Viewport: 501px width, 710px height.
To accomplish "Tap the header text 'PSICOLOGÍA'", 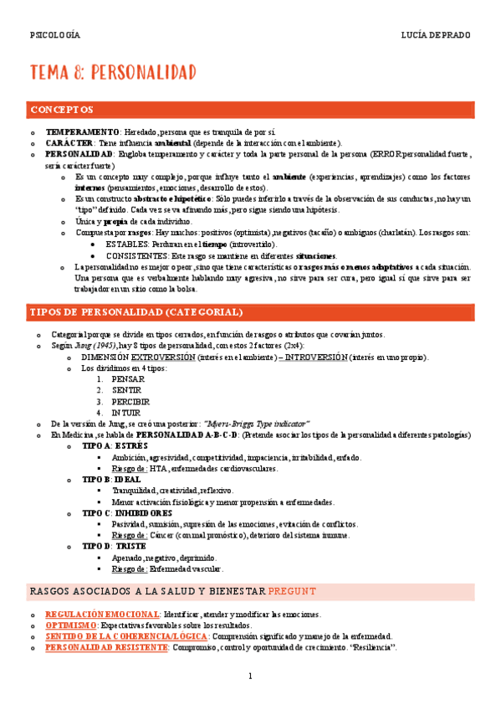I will (x=55, y=35).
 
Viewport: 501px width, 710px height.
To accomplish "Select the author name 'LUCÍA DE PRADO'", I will (x=436, y=35).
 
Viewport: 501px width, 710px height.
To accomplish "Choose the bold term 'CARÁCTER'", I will (x=69, y=143).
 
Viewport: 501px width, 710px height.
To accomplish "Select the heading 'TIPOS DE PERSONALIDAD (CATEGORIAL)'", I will (x=136, y=312).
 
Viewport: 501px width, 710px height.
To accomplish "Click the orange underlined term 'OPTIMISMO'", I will (x=71, y=625).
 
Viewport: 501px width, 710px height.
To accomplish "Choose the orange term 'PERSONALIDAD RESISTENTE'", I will (x=107, y=647).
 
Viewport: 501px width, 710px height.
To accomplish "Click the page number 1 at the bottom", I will (x=250, y=677).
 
